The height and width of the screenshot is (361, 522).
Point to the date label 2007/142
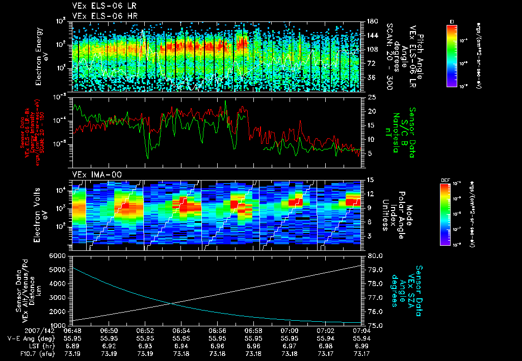(20, 330)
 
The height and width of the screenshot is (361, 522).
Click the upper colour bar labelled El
(452, 55)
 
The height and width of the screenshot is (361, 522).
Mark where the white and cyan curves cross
(170, 303)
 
